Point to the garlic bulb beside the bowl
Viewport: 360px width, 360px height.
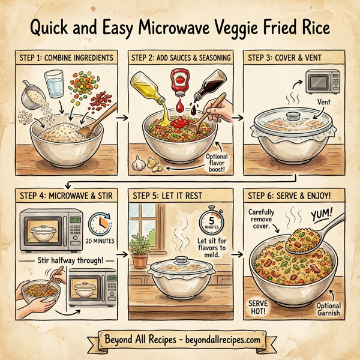[139, 162]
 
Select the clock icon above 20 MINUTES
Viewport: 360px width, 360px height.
[100, 224]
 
